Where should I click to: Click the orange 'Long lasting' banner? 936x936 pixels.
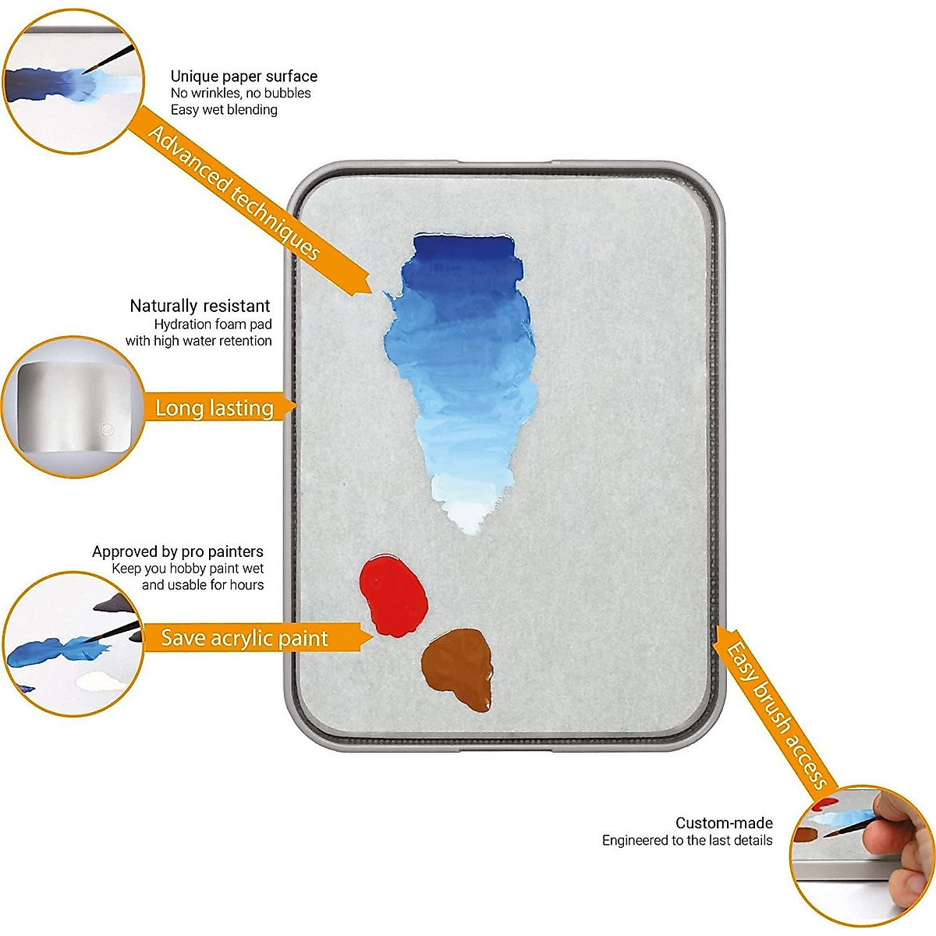[214, 408]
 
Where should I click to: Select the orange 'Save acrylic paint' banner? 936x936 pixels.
[245, 638]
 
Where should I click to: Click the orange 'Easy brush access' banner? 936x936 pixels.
[775, 714]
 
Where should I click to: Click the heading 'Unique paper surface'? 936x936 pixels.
[244, 76]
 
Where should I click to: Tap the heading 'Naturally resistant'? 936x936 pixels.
[200, 306]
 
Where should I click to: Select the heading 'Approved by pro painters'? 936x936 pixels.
[178, 551]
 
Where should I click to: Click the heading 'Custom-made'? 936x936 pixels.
[724, 823]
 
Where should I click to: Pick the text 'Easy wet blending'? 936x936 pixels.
[224, 110]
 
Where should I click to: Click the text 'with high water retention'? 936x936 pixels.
[199, 341]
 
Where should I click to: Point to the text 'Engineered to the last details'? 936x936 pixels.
[687, 840]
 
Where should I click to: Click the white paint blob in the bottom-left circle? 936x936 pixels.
[101, 682]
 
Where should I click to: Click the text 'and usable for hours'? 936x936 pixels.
[203, 585]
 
